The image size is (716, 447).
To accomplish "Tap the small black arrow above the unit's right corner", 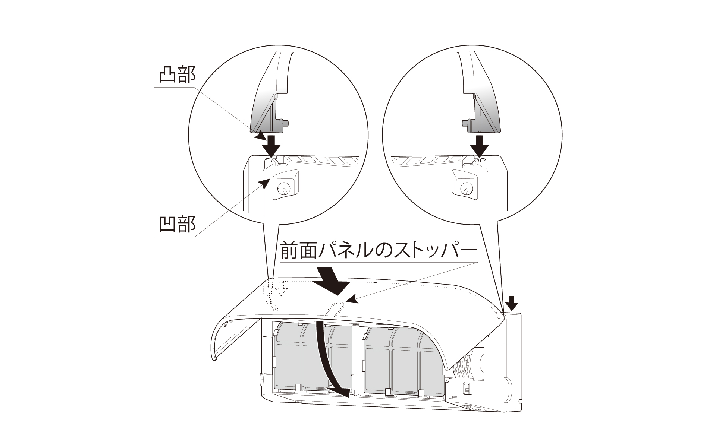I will coord(513,303).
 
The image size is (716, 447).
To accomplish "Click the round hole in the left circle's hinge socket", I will coord(282,189).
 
